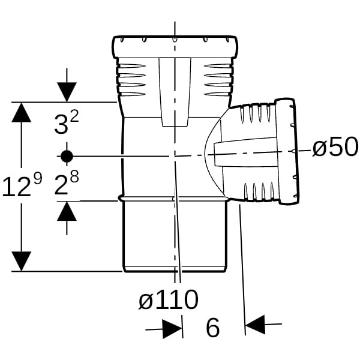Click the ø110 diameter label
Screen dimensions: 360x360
tap(168, 299)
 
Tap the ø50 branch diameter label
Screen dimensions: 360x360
tap(335, 147)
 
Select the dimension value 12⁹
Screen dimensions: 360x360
tap(22, 185)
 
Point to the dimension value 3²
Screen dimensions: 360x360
tap(67, 123)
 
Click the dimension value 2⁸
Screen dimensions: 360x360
tap(67, 183)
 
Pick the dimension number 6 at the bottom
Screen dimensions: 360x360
tap(213, 328)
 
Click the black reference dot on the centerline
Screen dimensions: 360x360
tap(67, 157)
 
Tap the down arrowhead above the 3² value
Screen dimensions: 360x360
tap(67, 92)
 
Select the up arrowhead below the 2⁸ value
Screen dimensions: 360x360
tap(67, 211)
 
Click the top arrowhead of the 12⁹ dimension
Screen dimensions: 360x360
tap(22, 112)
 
